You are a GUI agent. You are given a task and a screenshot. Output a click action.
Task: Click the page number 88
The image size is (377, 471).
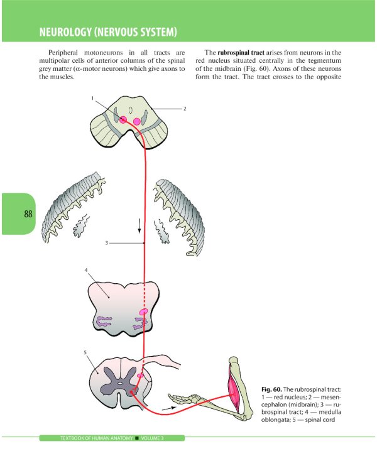point(28,214)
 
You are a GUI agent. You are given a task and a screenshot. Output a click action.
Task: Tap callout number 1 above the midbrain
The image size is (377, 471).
point(92,99)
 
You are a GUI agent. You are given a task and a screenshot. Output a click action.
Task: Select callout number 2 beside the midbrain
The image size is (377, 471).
point(185,109)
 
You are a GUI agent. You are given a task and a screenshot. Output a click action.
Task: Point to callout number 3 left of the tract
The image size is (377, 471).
point(107,243)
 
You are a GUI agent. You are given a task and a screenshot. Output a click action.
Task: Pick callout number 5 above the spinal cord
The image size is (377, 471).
point(85,352)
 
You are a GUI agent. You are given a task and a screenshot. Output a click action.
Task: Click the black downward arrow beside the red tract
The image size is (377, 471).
point(139,225)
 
